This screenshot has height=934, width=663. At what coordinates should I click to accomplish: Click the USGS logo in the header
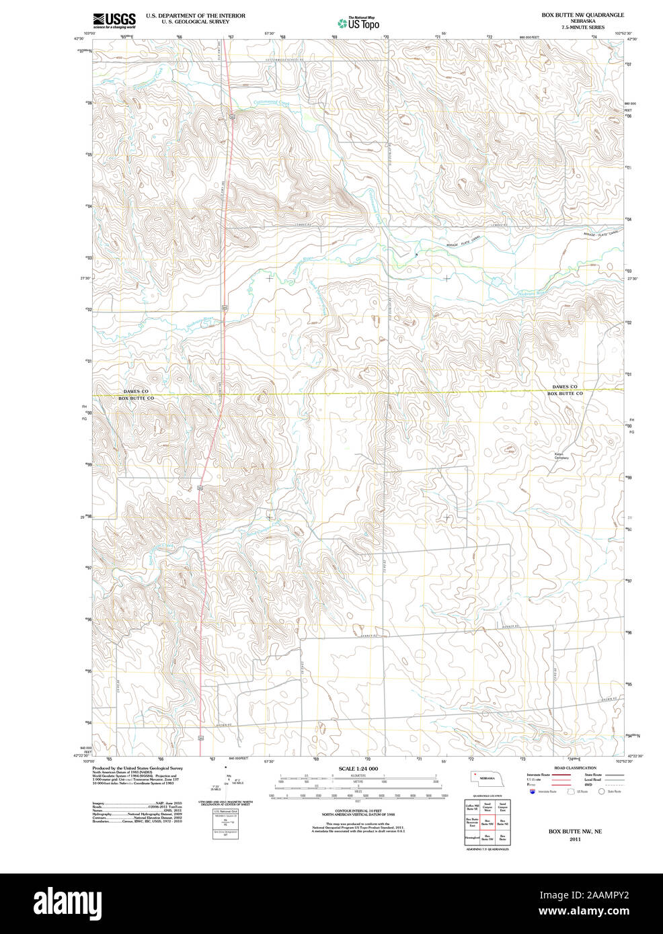pos(114,19)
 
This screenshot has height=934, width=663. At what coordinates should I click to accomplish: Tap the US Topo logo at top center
pos(358,23)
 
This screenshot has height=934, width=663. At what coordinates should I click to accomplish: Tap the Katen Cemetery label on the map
pos(561,456)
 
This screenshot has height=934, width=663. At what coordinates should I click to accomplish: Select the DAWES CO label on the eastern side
pos(564,387)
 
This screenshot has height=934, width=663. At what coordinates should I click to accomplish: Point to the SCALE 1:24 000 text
pos(358,769)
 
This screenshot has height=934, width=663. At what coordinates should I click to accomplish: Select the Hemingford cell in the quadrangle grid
pos(471,838)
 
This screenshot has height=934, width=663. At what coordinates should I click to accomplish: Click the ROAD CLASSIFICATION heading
pos(575,768)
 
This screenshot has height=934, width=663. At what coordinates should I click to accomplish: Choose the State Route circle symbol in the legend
pos(602,792)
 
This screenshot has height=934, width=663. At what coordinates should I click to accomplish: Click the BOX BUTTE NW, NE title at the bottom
pos(575,831)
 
